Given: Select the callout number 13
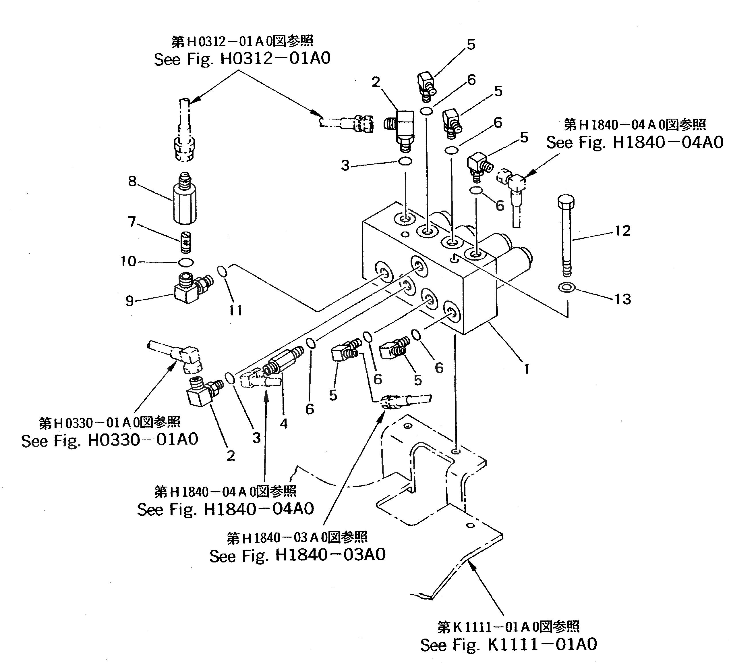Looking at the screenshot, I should (x=622, y=299).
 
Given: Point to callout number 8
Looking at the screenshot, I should (x=132, y=181).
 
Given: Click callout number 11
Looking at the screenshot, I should (x=236, y=310).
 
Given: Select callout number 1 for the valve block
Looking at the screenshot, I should (x=527, y=369).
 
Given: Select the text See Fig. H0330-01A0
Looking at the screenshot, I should (x=110, y=440).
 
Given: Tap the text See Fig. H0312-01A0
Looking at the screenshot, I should (x=242, y=59).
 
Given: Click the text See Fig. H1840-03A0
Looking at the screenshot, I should (x=297, y=555).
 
